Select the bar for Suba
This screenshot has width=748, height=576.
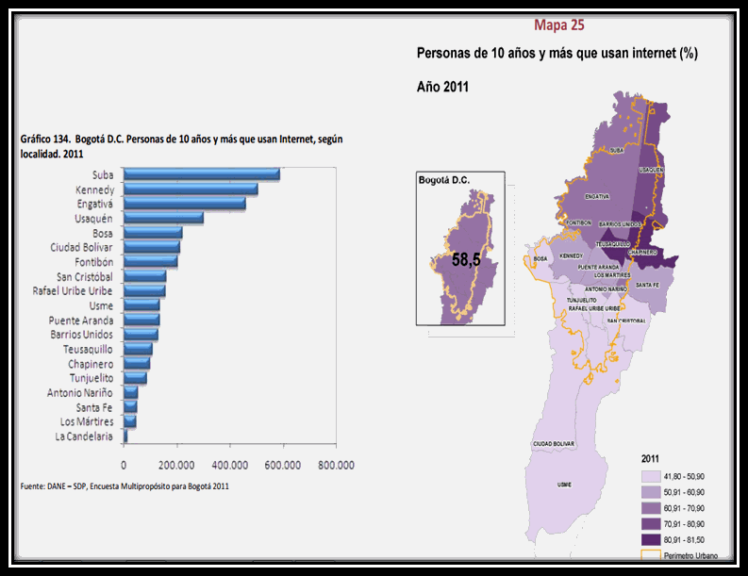202,174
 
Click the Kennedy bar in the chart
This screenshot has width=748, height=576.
191,189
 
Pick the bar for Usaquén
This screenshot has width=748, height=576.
163,218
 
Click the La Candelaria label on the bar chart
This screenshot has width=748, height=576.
84,436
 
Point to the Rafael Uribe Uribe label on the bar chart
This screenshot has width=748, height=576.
73,291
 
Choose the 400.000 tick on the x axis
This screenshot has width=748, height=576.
230,465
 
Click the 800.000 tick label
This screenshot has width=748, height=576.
336,465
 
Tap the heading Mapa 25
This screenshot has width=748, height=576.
558,25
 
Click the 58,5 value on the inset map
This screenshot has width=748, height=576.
466,259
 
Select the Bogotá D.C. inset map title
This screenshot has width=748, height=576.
444,179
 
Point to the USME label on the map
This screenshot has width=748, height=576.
564,485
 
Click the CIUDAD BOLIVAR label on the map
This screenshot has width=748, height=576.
554,443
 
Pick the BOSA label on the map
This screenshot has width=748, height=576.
540,258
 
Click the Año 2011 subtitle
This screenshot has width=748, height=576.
443,86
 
